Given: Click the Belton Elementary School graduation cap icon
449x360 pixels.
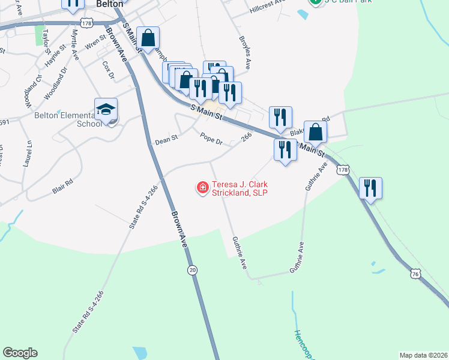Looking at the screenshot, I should [106, 110].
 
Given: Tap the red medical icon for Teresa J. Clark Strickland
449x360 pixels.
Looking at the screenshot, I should [203, 188].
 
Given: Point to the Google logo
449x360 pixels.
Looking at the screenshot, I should [20, 353].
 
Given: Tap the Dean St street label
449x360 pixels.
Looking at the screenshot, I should [166, 140].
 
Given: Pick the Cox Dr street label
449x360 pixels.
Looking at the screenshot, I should [108, 70].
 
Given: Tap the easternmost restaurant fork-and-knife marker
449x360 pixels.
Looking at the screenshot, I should [370, 188].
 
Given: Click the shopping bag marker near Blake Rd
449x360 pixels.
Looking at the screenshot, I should [315, 132].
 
